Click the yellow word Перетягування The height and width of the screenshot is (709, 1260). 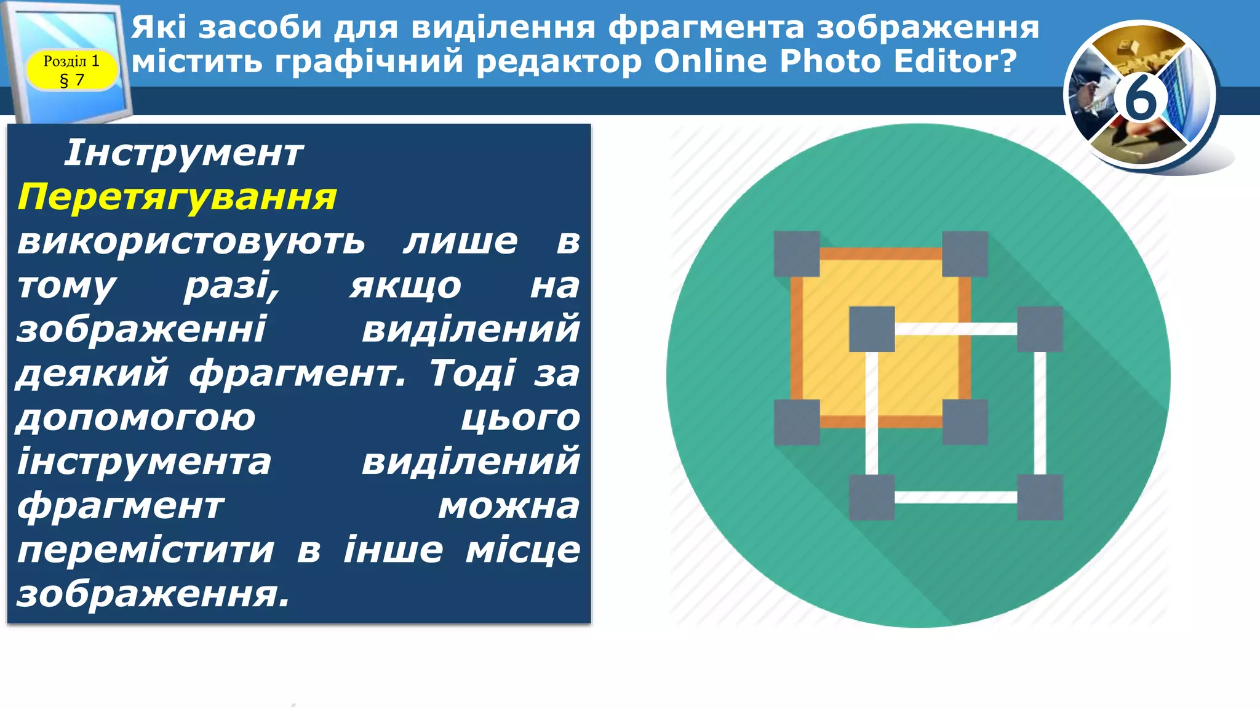177,198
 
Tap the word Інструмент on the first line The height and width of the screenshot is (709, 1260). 183,153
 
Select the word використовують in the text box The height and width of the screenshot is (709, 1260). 191,241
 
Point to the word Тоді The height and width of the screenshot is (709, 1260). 472,374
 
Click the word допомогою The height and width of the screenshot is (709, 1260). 135,418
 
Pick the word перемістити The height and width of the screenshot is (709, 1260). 145,550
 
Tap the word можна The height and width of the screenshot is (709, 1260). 509,506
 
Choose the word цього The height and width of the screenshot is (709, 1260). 520,418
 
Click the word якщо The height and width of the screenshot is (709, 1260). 405,286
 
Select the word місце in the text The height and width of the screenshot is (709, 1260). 522,550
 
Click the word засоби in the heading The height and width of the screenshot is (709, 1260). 260,28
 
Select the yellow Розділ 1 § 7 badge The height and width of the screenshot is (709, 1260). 71,70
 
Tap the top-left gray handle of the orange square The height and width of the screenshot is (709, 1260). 797,254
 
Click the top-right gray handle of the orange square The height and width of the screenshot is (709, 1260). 965,254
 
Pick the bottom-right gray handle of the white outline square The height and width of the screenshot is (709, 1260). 1040,497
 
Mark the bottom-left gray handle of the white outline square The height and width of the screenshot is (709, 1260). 872,497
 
